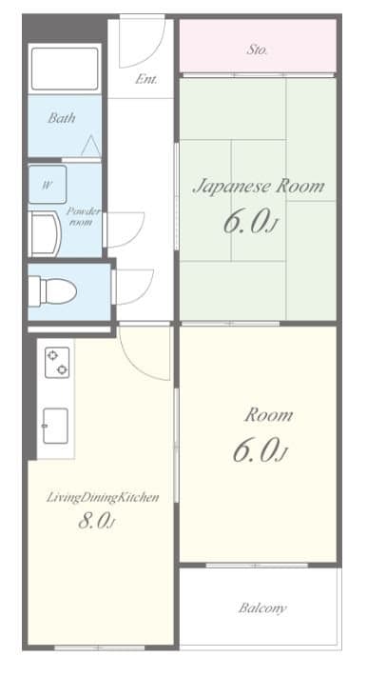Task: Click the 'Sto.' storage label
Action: [258, 50]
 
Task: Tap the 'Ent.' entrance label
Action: [146, 79]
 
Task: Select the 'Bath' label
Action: [62, 117]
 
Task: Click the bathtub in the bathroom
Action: [65, 69]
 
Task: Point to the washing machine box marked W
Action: [48, 185]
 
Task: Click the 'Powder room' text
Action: [84, 217]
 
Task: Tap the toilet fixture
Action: [52, 291]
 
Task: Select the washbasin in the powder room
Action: [45, 234]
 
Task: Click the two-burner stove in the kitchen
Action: [57, 363]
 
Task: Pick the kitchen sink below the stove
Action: [55, 426]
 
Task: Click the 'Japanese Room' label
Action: [259, 187]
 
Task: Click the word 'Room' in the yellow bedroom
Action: [269, 415]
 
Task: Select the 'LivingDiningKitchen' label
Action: [103, 497]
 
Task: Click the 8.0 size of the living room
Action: [97, 522]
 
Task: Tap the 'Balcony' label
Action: [262, 608]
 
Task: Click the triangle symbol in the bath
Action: [90, 147]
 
